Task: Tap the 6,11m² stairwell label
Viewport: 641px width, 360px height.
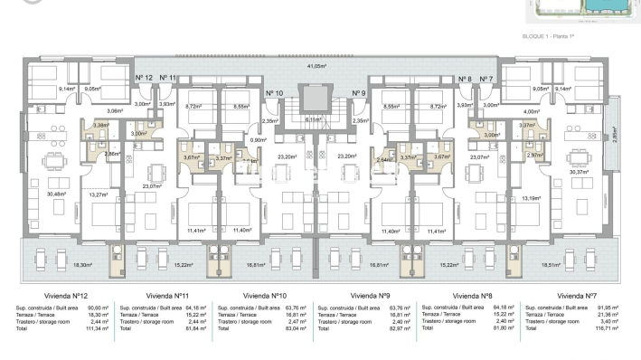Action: coord(313,119)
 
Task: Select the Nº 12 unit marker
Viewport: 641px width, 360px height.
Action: coord(143,80)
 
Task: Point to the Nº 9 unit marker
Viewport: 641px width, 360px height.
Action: coord(359,93)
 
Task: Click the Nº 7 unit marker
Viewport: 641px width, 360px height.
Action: coord(487,80)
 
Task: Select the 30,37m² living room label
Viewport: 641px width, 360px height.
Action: coord(578,173)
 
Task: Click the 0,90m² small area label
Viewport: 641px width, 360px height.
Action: coord(258,140)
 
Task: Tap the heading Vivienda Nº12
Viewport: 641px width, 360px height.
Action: coord(66,296)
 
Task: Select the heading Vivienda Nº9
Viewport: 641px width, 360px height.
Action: coord(370,296)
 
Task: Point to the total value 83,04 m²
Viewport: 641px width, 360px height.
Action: coord(291,331)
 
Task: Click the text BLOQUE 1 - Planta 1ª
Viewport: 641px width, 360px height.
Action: coord(554,37)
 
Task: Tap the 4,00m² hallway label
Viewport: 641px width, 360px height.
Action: coord(532,112)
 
